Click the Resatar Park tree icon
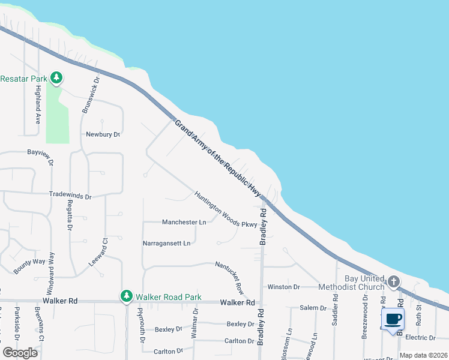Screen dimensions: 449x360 (x=56, y=77)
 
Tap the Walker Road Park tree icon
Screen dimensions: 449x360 (x=126, y=296)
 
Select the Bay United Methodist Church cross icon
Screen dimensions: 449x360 (x=394, y=281)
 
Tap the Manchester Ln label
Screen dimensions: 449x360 (x=184, y=222)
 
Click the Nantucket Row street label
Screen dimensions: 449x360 (x=230, y=277)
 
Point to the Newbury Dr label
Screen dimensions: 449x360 (x=103, y=134)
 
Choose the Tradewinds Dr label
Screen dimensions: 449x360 (x=70, y=196)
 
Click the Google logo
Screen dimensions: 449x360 (x=20, y=353)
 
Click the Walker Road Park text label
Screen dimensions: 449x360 (x=168, y=297)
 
